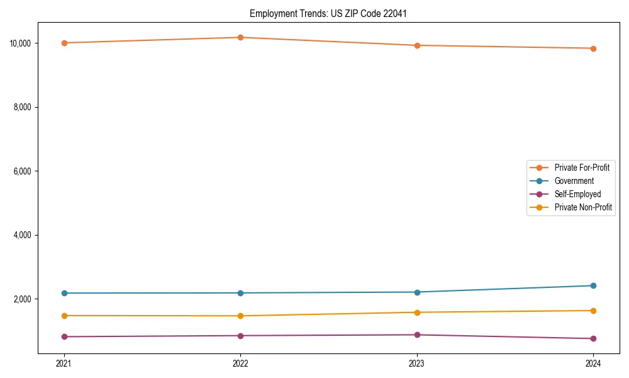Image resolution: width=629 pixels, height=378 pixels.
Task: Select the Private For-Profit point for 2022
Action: (240, 37)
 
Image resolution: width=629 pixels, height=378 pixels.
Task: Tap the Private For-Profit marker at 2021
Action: (64, 43)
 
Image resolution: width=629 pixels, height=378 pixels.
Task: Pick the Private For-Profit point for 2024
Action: (593, 49)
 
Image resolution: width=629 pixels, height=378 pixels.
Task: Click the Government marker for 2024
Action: (593, 285)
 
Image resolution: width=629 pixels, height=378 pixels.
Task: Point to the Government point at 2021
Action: (64, 293)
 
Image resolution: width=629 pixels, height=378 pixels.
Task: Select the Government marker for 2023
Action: (416, 292)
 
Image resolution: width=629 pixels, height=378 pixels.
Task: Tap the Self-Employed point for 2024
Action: (593, 338)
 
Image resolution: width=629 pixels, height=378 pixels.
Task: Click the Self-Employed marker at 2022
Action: (240, 335)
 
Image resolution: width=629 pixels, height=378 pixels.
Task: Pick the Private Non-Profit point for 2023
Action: (416, 312)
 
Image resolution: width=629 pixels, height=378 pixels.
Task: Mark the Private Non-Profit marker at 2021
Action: (64, 316)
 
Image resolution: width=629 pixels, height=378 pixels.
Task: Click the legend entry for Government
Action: (574, 181)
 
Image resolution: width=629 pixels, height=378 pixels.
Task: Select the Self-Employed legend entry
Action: (577, 194)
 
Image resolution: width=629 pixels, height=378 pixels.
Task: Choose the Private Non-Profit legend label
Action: (583, 207)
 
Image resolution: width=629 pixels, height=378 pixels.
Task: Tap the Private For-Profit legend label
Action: (582, 168)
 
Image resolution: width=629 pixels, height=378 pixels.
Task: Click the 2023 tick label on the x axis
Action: (416, 363)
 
